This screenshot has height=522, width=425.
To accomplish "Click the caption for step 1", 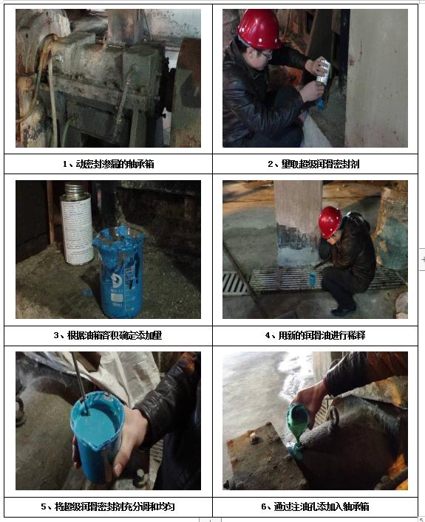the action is (109, 164).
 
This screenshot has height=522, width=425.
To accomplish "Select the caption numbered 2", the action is (313, 164).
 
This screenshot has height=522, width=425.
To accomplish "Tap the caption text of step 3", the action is (108, 335).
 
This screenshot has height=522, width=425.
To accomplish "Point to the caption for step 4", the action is (316, 335).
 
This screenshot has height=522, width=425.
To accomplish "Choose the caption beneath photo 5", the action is (108, 506).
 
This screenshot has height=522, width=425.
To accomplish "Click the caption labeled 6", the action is (316, 506).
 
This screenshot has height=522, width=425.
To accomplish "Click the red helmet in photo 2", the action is (259, 30).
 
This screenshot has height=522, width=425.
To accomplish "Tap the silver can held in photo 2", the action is (323, 72).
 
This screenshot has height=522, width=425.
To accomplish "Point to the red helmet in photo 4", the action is (330, 221).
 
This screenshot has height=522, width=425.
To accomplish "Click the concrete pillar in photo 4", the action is (298, 223).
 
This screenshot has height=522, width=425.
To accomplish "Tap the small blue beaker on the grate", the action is (313, 279).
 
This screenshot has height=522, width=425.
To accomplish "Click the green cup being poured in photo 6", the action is (299, 419).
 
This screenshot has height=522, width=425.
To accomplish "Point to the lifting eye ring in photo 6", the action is (333, 417).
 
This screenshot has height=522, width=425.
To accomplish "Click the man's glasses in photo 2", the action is (265, 55).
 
